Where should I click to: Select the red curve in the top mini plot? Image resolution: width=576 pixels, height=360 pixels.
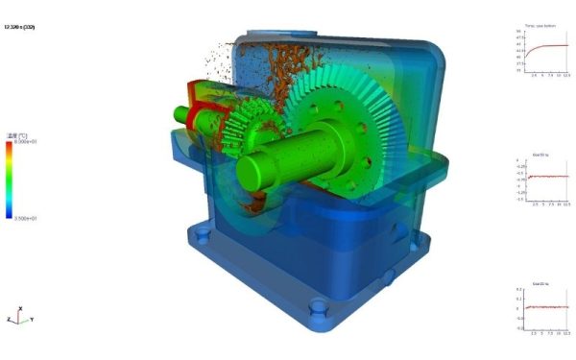pyautogui.click(x=547, y=45)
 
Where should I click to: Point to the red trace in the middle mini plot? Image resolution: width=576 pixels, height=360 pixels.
pyautogui.click(x=547, y=176)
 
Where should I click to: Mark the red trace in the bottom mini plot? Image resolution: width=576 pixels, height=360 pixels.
pyautogui.click(x=547, y=307)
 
